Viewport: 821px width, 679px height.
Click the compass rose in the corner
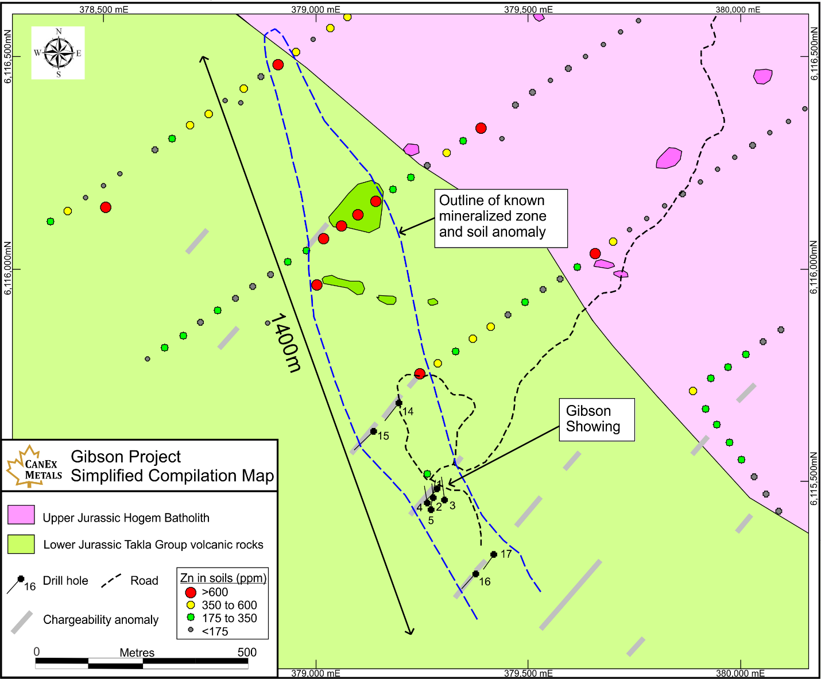pos(58,53)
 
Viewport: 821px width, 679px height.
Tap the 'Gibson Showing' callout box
pos(597,419)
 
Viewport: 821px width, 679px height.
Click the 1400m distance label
pos(285,343)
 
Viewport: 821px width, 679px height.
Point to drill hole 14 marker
pos(399,403)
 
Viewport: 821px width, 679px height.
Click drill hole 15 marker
pos(374,431)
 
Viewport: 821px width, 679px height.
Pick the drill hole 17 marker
pos(494,554)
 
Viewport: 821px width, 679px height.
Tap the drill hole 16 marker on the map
pos(475,574)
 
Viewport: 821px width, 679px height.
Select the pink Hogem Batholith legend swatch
pos(21,515)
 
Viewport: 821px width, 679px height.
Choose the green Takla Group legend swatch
pos(21,544)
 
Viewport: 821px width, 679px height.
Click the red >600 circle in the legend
pos(191,592)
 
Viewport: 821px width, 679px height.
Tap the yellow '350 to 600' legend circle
pos(191,605)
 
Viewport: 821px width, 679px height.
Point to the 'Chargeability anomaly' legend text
pos(100,620)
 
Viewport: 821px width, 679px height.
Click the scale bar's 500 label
pos(247,652)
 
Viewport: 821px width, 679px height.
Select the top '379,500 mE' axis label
pos(528,9)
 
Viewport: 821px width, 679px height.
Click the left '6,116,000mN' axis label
pos(8,268)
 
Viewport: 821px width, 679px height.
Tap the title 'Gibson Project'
pos(126,457)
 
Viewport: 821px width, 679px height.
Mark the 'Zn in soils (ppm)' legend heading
pos(223,578)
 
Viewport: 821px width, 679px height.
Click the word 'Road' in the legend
pos(144,581)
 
